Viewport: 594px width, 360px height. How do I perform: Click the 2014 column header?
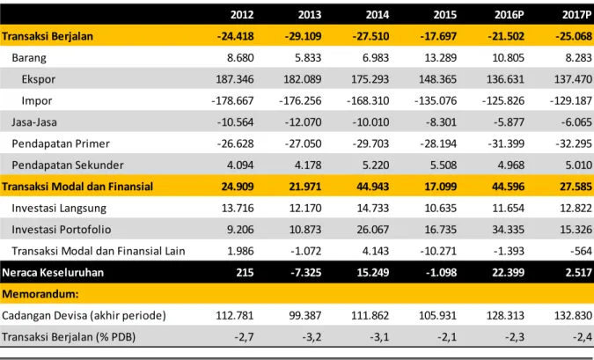click(378, 15)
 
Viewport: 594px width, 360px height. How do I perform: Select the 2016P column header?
click(510, 15)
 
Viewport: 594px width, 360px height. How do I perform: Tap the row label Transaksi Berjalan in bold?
click(48, 36)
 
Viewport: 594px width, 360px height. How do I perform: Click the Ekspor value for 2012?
click(235, 79)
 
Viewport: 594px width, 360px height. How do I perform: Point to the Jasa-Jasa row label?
click(34, 122)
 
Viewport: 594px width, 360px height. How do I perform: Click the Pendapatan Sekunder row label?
click(68, 165)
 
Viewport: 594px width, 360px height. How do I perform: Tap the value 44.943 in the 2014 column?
click(373, 187)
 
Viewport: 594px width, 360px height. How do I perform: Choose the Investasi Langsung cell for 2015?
click(441, 208)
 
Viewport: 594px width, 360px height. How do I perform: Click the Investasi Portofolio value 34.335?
click(509, 230)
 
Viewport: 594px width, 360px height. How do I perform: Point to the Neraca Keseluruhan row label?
click(53, 273)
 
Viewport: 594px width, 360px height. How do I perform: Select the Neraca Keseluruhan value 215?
click(245, 273)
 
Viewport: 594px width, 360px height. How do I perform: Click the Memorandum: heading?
click(40, 294)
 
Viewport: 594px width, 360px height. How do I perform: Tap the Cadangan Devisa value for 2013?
click(305, 315)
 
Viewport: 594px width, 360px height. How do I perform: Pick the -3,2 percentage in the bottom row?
click(312, 337)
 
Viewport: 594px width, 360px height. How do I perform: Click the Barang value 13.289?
click(441, 57)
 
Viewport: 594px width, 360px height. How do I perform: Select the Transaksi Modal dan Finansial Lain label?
click(99, 251)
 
